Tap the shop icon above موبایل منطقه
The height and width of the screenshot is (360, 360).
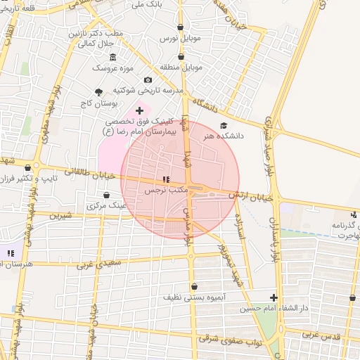[181, 55]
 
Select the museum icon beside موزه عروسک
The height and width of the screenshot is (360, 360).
[114, 57]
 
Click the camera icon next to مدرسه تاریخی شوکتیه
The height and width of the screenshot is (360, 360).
[148, 80]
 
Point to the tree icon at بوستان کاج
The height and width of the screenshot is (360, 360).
[98, 91]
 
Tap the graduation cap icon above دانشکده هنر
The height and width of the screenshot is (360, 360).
[224, 125]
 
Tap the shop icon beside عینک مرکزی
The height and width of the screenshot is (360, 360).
[106, 195]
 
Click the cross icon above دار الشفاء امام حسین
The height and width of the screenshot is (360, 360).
[274, 297]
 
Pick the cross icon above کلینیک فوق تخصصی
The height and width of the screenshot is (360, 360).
[139, 110]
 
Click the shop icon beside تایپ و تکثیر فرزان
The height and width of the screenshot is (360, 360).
[28, 168]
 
